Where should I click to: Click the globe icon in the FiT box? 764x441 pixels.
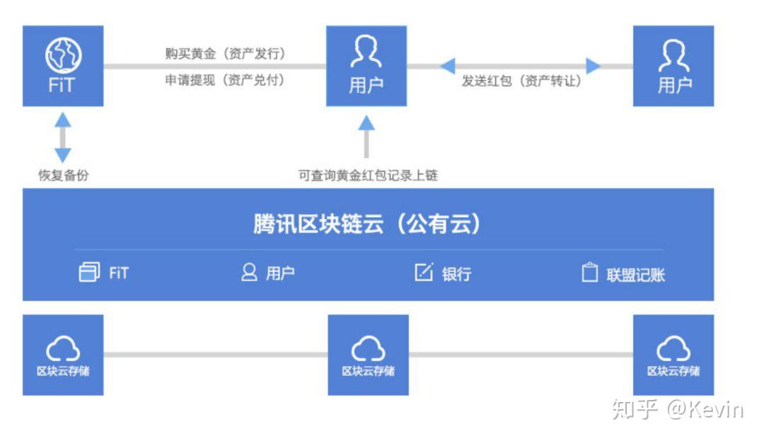point(63,53)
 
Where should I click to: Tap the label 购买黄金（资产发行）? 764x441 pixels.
point(225,54)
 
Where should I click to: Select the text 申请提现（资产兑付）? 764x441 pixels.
point(225,81)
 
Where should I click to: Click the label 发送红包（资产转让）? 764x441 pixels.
point(521,81)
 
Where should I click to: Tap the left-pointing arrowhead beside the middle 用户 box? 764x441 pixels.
point(447,67)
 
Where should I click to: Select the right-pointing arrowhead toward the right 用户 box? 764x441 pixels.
point(593,67)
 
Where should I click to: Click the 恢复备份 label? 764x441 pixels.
point(64,176)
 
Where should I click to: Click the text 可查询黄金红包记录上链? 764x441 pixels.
point(368,176)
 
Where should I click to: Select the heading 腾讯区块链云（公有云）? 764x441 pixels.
point(368,224)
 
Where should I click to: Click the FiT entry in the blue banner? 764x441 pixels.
point(104,273)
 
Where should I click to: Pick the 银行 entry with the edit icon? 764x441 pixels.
point(443,273)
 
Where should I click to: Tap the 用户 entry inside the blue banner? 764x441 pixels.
point(268,273)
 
